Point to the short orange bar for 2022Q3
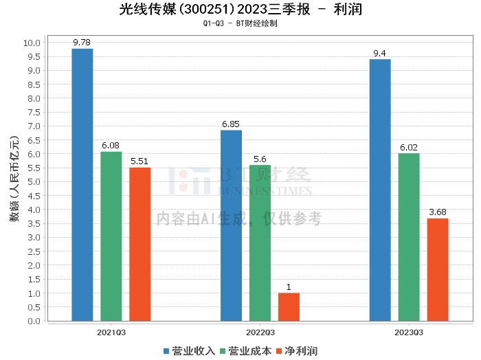click(289, 306)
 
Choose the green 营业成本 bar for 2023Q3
click(409, 236)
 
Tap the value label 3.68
click(438, 212)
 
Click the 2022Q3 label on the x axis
click(260, 331)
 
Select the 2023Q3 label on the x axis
click(409, 331)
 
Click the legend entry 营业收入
click(189, 350)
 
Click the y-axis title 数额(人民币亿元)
click(14, 182)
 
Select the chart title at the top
click(240, 10)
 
